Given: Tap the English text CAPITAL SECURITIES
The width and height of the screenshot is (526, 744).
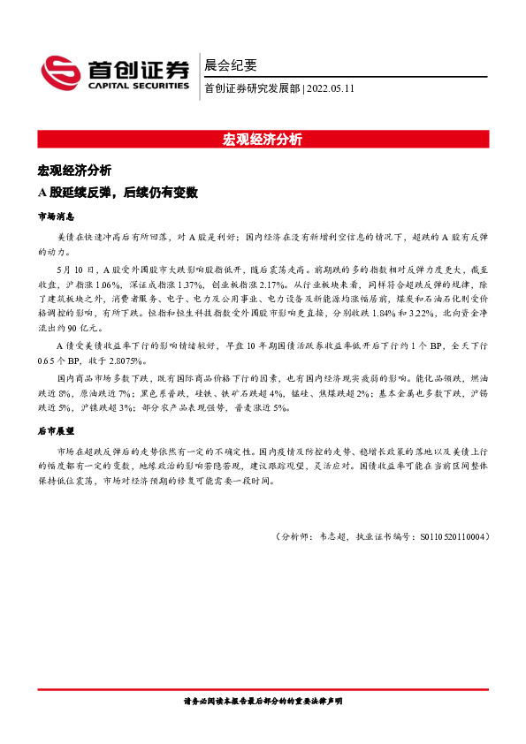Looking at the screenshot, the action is [x=138, y=87].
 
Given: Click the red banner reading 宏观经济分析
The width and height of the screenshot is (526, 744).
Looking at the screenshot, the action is [x=263, y=140].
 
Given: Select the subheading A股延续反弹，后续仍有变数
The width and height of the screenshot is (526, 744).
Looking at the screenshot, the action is [x=117, y=192].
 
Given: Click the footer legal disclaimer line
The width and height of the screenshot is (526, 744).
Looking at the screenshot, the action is [x=263, y=701].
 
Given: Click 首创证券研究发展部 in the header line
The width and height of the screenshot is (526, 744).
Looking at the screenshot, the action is [x=252, y=88].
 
